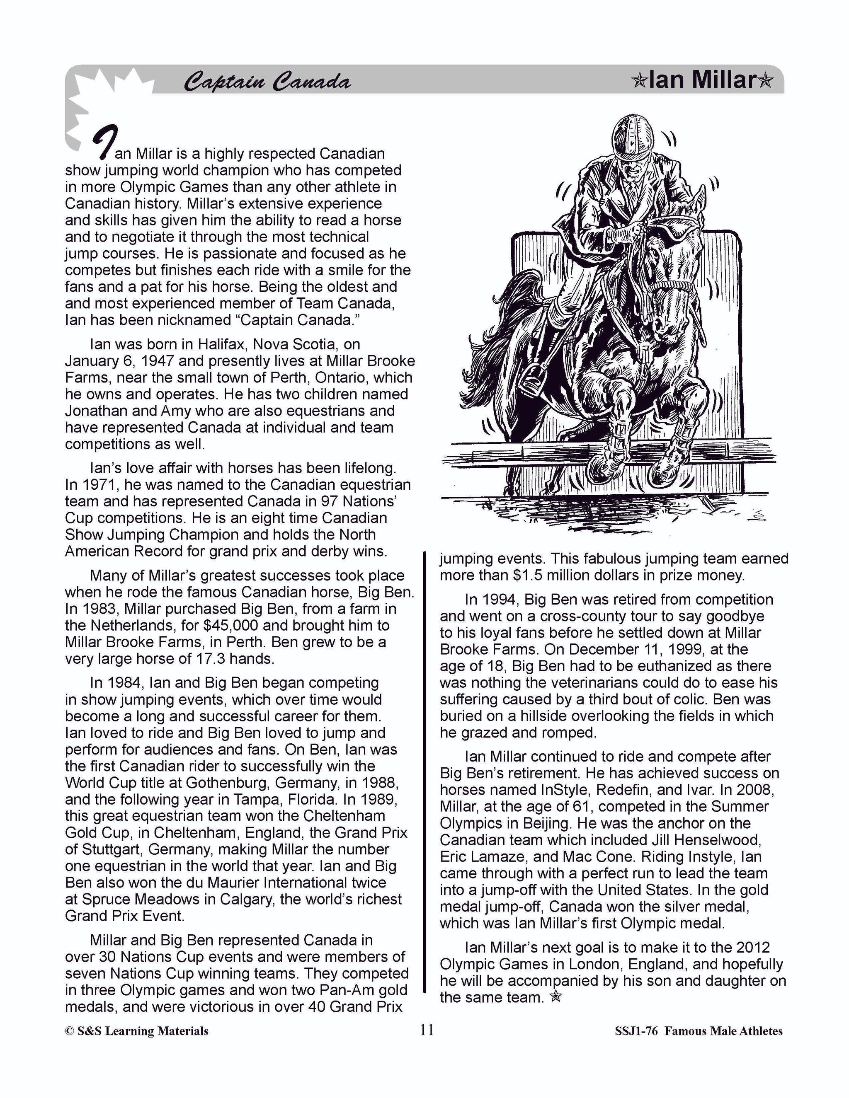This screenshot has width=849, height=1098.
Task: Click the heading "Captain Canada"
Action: pos(267,82)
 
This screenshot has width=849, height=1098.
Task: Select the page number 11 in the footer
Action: pos(427,1030)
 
